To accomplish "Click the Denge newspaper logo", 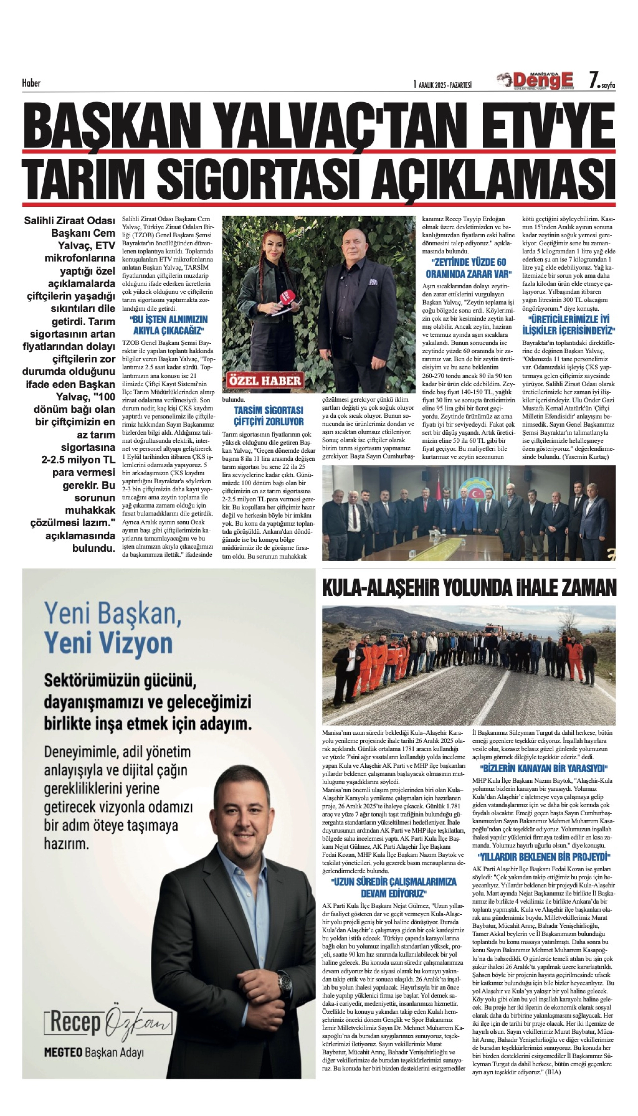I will click(x=535, y=81).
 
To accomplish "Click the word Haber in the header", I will click(x=31, y=83).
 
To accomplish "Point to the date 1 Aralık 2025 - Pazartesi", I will click(x=442, y=85).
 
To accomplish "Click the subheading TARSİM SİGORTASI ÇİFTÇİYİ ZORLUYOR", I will click(x=268, y=416).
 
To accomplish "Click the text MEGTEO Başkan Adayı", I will click(x=94, y=1053).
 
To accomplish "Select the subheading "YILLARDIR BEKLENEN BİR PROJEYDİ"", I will click(x=543, y=857).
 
